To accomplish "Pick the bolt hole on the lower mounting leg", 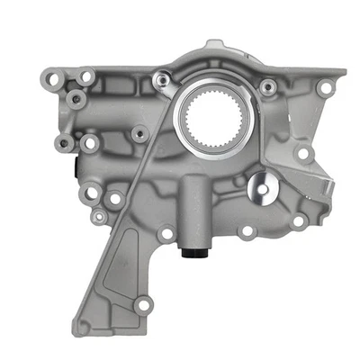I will click(x=142, y=305).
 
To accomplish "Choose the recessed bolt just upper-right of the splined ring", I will click(x=267, y=87).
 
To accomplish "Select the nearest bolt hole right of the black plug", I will click(x=246, y=232).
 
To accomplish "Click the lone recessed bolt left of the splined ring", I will click(x=138, y=133).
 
